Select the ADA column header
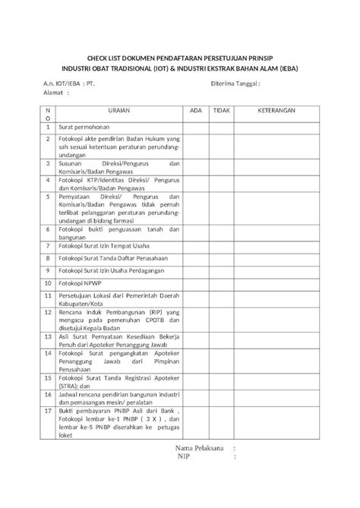(196, 110)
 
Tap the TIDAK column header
(221, 110)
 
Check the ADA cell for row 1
(196, 127)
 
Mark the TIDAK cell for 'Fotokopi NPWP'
(221, 282)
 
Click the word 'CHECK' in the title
(98, 56)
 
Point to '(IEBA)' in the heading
(285, 65)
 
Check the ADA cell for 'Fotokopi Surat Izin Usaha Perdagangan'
(196, 270)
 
